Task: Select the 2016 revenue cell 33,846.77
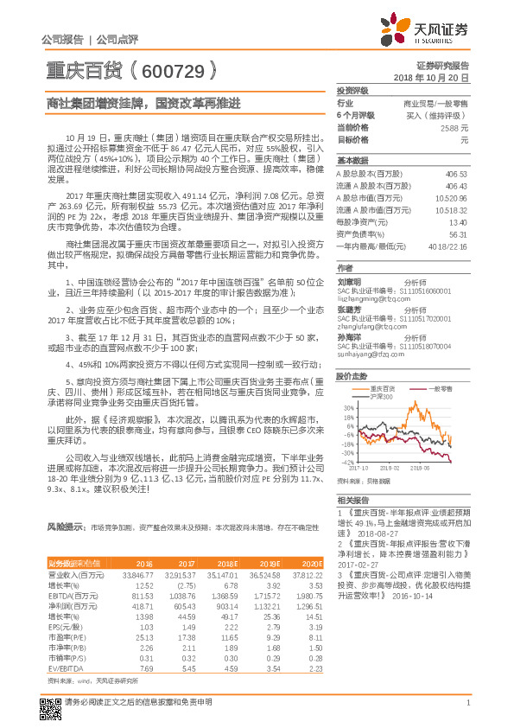point(138,572)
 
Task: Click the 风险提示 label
point(64,525)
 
